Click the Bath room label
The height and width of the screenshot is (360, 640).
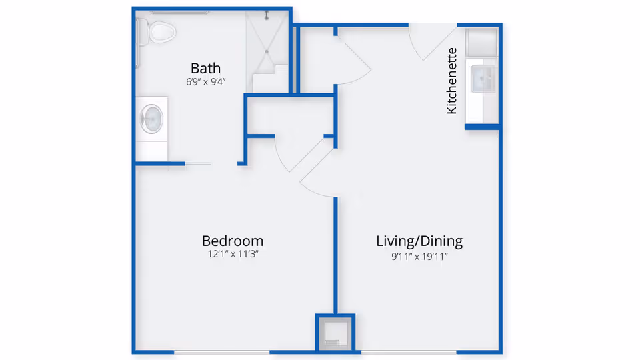[x=205, y=68]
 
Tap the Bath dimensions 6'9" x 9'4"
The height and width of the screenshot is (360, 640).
[x=205, y=83]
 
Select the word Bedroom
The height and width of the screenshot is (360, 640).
[x=233, y=241]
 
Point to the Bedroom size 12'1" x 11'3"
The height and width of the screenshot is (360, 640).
[x=233, y=255]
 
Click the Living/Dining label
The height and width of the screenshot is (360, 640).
[x=419, y=241]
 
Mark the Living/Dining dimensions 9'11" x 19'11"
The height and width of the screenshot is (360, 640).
[x=419, y=255]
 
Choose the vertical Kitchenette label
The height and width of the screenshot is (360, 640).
[x=452, y=81]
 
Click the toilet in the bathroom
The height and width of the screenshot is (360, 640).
[x=159, y=31]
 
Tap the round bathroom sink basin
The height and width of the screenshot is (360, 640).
[x=152, y=119]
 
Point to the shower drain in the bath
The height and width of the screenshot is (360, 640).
[x=267, y=50]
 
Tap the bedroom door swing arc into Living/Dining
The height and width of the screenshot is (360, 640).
[x=319, y=180]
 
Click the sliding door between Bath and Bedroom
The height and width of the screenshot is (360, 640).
[x=198, y=163]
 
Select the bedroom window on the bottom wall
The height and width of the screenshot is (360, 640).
[x=222, y=351]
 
